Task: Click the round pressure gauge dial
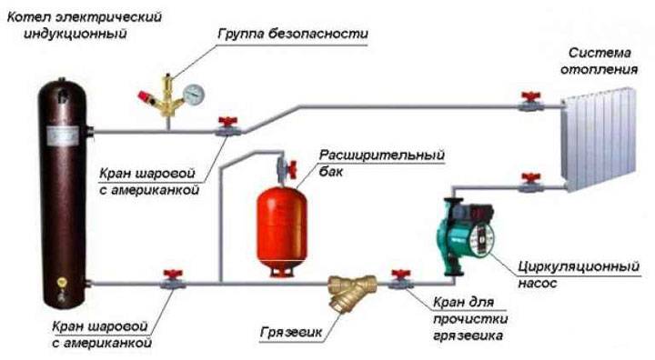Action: [193, 95]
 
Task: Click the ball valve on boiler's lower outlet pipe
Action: [171, 280]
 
